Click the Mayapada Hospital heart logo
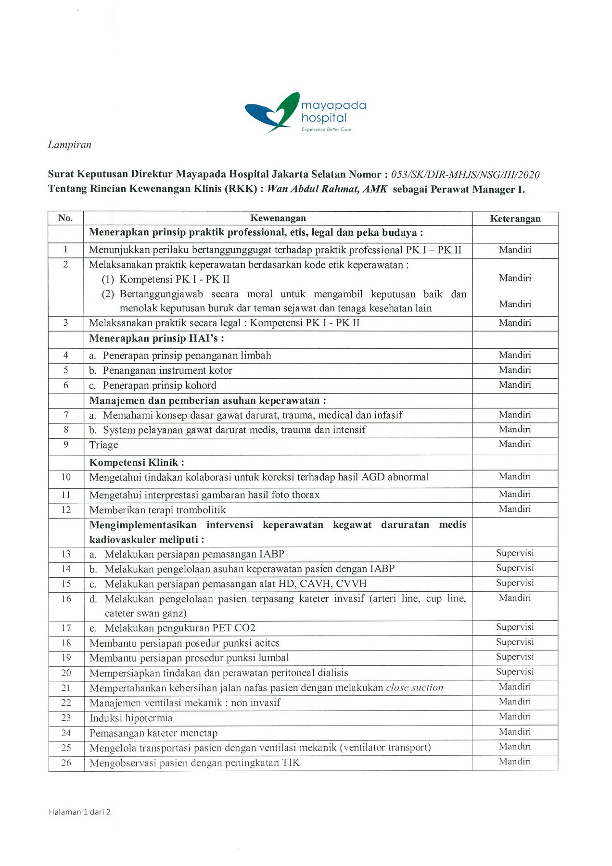pyautogui.click(x=272, y=112)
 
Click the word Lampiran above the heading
pyautogui.click(x=69, y=145)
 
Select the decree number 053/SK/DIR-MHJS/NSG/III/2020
pyautogui.click(x=465, y=175)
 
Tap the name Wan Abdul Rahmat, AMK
pyautogui.click(x=327, y=189)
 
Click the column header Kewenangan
pyautogui.click(x=278, y=218)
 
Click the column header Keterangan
pyautogui.click(x=515, y=219)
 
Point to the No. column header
pyautogui.click(x=65, y=218)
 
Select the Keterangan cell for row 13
pyautogui.click(x=515, y=553)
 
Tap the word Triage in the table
pyautogui.click(x=103, y=445)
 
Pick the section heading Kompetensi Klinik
pyautogui.click(x=137, y=463)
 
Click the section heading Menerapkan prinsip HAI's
pyautogui.click(x=156, y=339)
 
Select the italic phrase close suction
pyautogui.click(x=414, y=688)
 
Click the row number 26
pyautogui.click(x=66, y=763)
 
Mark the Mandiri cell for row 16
pyautogui.click(x=515, y=598)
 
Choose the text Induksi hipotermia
pyautogui.click(x=131, y=718)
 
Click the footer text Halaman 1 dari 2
pyautogui.click(x=79, y=812)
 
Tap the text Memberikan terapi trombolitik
pyautogui.click(x=157, y=510)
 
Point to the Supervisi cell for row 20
pyautogui.click(x=515, y=672)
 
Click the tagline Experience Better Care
pyautogui.click(x=326, y=129)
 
